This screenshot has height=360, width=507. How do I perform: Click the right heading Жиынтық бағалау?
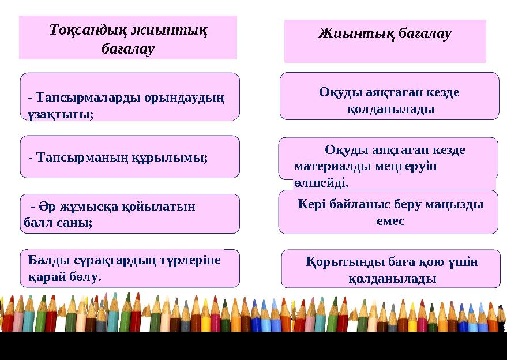[385, 33]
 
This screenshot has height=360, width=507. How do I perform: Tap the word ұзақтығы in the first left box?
[60, 114]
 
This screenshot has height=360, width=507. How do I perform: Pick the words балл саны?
[58, 222]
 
